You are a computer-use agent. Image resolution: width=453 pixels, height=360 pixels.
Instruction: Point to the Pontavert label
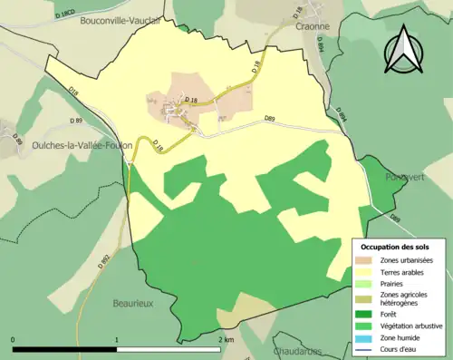pos(403,178)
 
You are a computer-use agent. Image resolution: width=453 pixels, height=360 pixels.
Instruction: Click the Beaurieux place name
pos(138,305)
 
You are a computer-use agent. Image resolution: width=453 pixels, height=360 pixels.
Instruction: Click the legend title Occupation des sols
pos(395,247)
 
